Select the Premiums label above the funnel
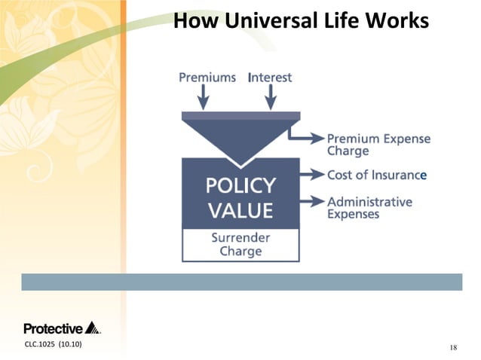[x=207, y=78]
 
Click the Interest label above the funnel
[x=269, y=78]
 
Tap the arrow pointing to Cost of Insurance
[x=310, y=175]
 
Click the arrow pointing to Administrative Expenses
[x=310, y=202]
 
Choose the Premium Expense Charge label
[x=378, y=145]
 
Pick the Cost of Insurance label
[x=376, y=175]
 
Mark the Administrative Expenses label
[x=369, y=208]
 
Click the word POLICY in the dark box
[x=241, y=185]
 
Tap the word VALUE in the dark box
[x=241, y=210]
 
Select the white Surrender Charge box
[x=241, y=246]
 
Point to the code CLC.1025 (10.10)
[x=53, y=345]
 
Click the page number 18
[x=452, y=346]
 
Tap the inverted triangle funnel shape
[x=240, y=136]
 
